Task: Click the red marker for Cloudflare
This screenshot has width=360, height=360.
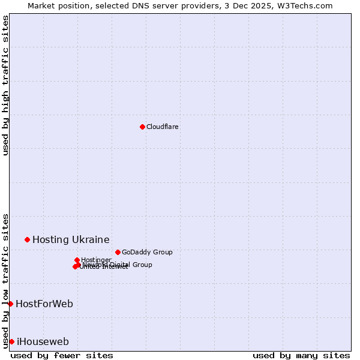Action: point(142,127)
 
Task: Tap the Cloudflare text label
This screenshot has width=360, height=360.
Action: point(162,127)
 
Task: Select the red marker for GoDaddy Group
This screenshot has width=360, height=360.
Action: point(118,252)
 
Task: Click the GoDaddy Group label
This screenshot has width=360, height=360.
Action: point(147,252)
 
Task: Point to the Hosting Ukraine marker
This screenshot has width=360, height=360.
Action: point(27,239)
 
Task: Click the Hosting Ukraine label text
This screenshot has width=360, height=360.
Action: point(71,239)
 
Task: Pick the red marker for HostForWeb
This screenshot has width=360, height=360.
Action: point(10,304)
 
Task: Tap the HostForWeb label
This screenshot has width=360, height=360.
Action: point(44,304)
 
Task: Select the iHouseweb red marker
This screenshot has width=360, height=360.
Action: point(11,341)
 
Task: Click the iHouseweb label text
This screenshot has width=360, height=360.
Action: point(43,341)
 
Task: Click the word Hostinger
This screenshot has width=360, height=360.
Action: point(96,260)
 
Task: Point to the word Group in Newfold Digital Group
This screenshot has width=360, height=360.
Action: point(142,265)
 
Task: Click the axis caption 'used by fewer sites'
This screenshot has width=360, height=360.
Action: point(62,355)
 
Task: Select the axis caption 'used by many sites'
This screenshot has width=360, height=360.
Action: point(301,355)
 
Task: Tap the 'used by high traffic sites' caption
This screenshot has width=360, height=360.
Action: point(6,85)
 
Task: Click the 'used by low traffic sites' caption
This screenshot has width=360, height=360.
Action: point(6,280)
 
